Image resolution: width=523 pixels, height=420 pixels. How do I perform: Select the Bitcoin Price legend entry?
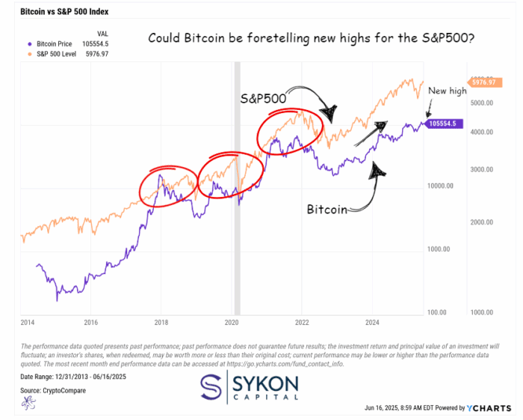point(61,44)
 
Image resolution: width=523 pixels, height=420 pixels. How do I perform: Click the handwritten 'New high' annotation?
point(448,91)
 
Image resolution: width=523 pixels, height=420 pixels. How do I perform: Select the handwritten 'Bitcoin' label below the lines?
point(327,210)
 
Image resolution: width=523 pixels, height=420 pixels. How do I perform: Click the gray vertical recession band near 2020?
point(238,187)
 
